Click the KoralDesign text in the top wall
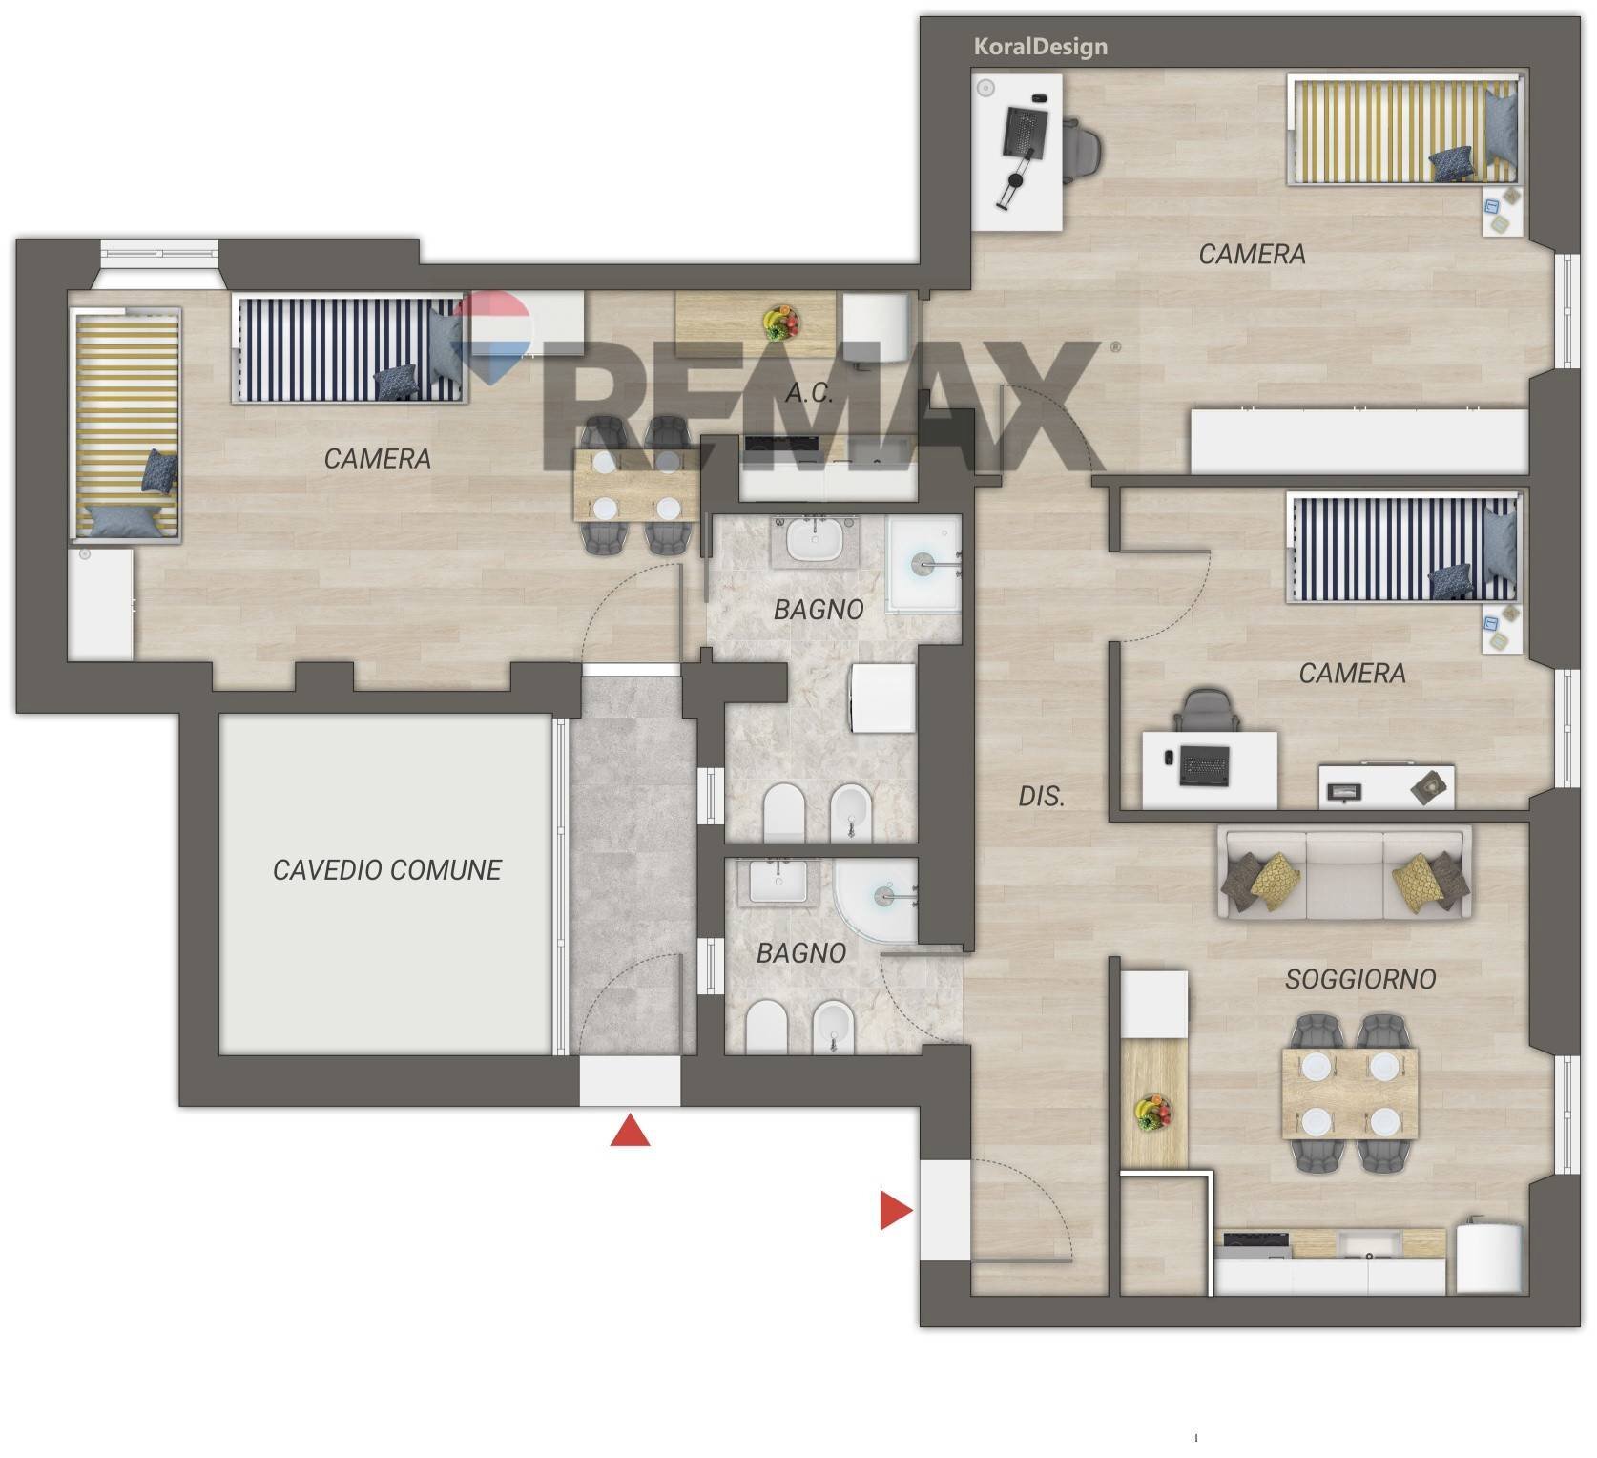1040,46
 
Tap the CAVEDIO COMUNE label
386,869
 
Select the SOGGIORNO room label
1360,978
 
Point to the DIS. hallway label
1041,796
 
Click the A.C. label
810,392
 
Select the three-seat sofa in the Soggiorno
1345,874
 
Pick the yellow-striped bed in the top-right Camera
1402,129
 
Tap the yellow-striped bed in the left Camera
126,425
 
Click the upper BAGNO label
819,609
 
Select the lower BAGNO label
801,952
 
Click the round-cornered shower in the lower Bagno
875,900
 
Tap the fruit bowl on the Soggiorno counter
1153,1112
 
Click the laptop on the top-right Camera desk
1024,134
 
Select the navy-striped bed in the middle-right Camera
1402,547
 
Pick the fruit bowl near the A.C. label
781,323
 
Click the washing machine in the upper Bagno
882,698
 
